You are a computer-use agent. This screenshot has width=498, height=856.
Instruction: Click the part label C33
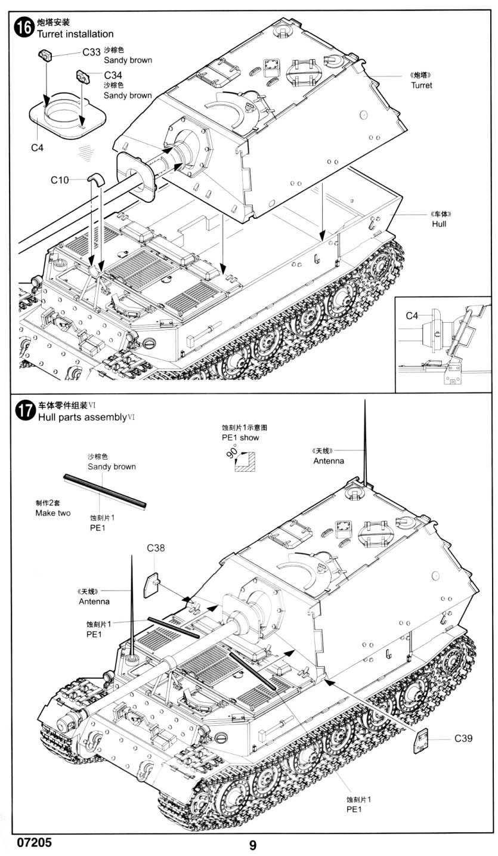(x=91, y=52)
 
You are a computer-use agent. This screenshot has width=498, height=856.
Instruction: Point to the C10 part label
(x=60, y=180)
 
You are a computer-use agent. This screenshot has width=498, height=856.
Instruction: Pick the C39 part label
(x=463, y=738)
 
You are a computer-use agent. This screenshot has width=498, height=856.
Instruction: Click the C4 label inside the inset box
(x=413, y=316)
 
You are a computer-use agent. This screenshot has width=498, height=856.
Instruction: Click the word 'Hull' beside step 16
(x=439, y=224)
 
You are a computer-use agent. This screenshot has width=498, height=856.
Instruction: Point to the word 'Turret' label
(x=421, y=85)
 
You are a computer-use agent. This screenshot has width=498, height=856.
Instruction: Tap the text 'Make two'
(x=52, y=513)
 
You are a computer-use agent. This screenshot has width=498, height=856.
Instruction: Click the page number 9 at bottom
(x=252, y=845)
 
